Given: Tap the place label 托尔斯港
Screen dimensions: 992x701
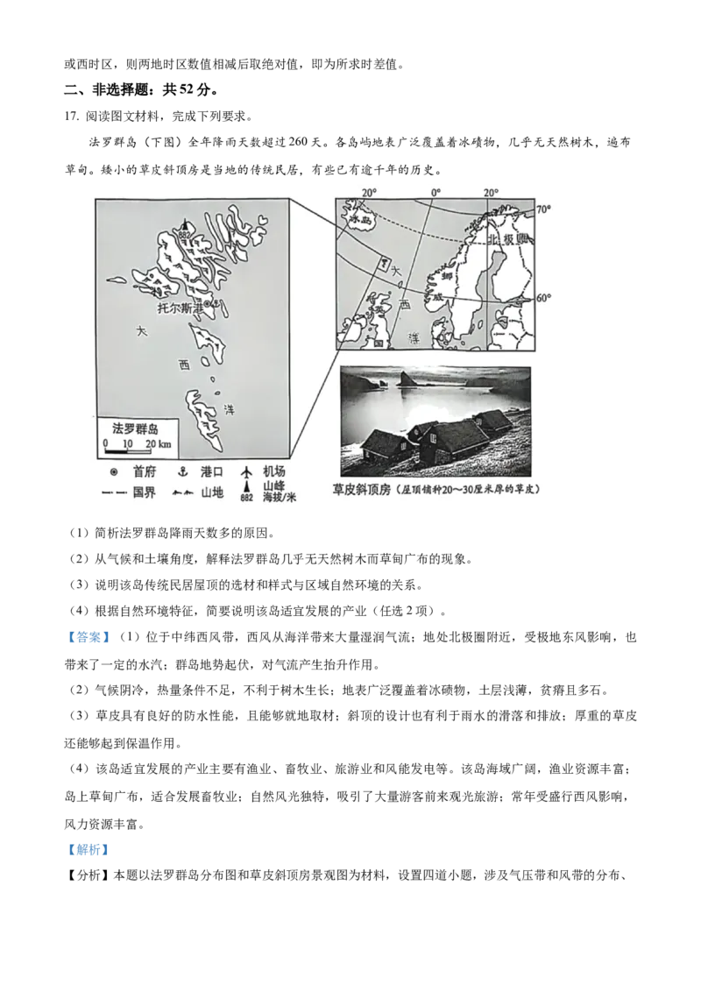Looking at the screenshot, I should (x=179, y=308).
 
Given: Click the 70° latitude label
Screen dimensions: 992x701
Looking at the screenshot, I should (x=543, y=209).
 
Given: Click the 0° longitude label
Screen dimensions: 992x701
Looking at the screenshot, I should (x=435, y=192).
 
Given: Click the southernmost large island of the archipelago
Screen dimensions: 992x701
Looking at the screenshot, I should (x=204, y=418).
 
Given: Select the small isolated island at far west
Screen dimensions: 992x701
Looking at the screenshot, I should (x=116, y=281).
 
